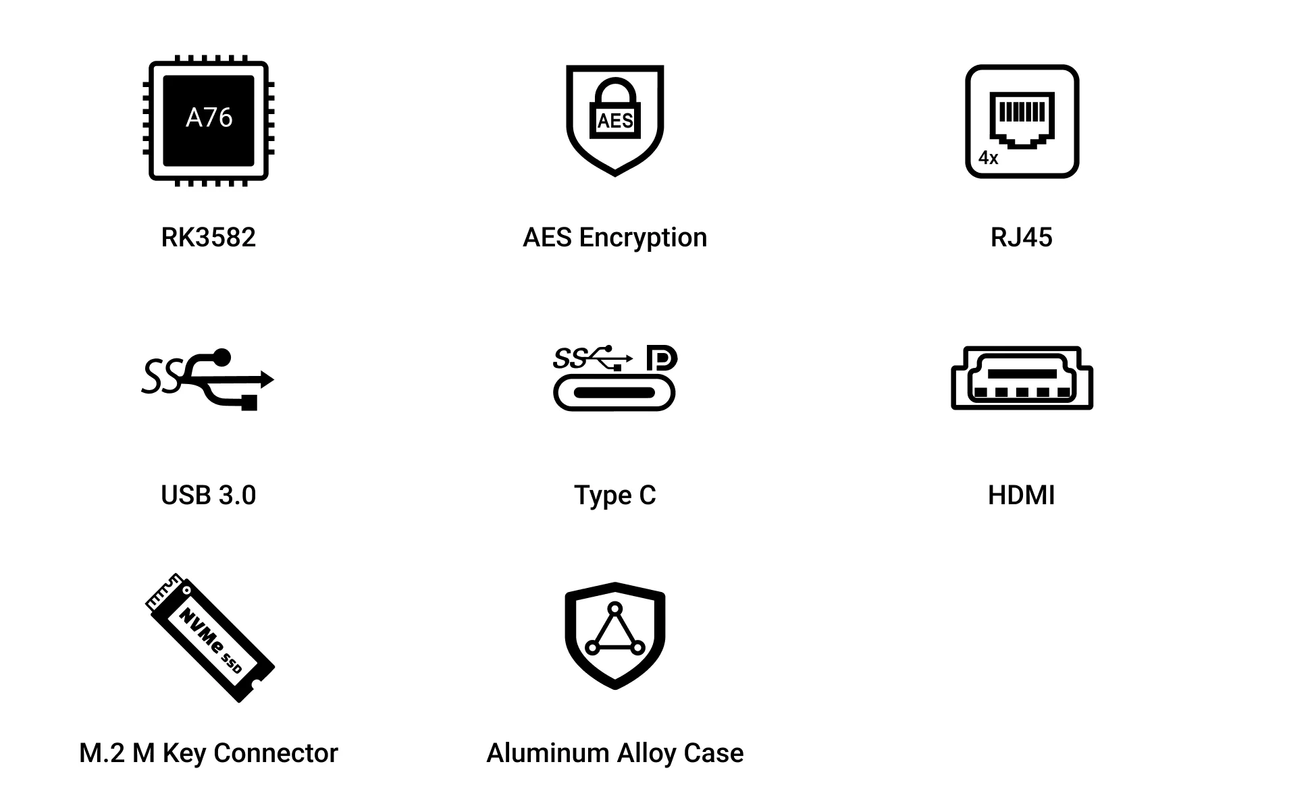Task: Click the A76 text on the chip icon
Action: [209, 117]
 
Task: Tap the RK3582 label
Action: [208, 238]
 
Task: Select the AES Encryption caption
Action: [614, 238]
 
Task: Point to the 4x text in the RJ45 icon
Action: [988, 158]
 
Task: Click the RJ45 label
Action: [1021, 238]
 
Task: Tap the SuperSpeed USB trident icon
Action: [208, 379]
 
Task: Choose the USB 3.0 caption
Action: [208, 495]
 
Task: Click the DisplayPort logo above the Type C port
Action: [662, 358]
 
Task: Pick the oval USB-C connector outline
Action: [614, 393]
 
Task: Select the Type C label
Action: [614, 496]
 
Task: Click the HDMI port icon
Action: [1022, 378]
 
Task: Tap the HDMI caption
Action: [1021, 495]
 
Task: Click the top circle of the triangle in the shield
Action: [614, 609]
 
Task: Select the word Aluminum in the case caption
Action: [548, 753]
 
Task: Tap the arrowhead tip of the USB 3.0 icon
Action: [273, 379]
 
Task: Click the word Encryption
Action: [643, 238]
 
